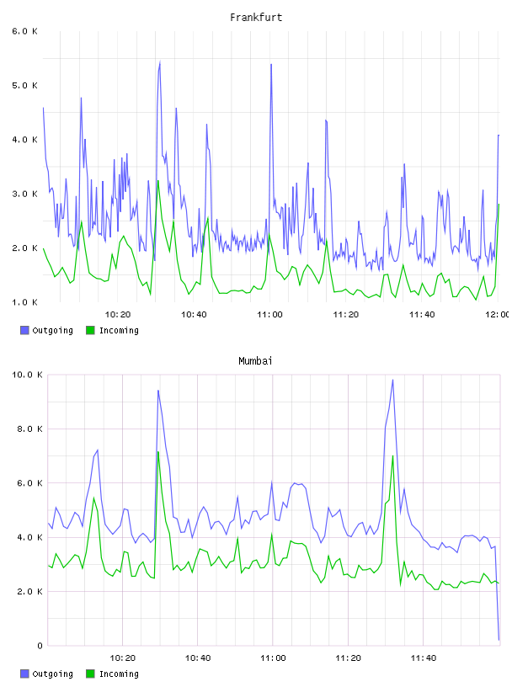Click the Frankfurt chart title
256,18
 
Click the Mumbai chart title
255,361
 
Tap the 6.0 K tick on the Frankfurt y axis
24,31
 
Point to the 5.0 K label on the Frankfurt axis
24,85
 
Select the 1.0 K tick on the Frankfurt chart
24,302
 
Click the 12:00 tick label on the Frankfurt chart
498,315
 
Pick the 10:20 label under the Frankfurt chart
118,315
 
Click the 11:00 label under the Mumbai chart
273,658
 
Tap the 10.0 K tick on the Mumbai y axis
27,375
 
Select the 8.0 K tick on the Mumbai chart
29,429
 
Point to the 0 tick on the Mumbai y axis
40,646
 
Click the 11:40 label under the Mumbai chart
424,658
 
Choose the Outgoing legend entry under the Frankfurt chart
47,330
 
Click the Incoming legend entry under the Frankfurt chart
113,330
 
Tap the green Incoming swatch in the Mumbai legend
90,674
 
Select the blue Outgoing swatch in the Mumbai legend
24,674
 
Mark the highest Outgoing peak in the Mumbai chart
392,380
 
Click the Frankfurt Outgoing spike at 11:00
271,64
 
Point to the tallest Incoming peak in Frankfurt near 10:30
158,180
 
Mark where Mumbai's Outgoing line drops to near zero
499,640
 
